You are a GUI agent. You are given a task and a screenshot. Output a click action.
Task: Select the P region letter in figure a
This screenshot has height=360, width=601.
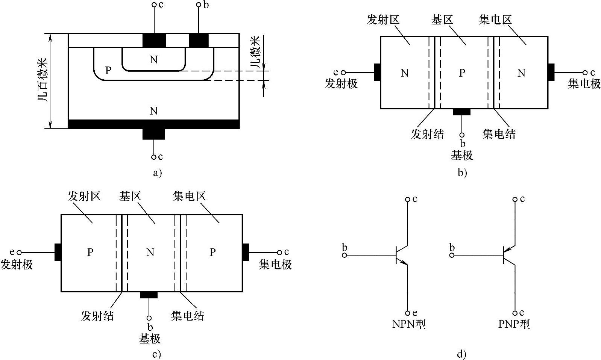108,70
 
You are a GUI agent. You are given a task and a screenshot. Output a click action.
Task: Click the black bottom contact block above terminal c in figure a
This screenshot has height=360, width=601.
153,133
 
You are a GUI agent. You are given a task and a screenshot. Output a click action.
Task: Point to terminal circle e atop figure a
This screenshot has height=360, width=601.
154,5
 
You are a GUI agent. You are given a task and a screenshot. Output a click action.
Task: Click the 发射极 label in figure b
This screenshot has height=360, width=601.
341,83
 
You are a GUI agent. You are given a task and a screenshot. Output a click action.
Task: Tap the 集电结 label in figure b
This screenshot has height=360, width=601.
499,134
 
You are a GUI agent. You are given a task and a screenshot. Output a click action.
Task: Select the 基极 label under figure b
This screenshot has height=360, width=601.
462,155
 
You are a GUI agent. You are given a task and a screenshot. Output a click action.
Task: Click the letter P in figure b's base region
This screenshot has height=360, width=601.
462,73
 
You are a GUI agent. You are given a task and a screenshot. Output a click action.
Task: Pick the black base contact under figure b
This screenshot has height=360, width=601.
461,112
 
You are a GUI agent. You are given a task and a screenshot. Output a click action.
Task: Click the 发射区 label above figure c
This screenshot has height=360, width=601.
84,196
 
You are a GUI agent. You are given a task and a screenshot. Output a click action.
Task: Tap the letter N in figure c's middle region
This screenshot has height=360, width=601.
150,252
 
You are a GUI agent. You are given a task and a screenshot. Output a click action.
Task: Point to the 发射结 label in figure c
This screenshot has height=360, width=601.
97,316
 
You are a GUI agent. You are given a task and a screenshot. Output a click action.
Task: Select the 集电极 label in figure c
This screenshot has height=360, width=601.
275,265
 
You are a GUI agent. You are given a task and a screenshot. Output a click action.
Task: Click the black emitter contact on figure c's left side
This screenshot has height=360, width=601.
58,252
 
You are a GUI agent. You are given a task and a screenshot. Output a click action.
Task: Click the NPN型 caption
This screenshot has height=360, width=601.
409,324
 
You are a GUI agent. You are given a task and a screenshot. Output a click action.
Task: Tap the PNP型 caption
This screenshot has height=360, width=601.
514,324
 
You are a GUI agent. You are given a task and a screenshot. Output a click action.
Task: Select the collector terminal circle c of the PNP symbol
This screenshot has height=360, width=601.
515,199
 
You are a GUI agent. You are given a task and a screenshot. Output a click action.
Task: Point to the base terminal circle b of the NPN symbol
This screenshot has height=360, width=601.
344,255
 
